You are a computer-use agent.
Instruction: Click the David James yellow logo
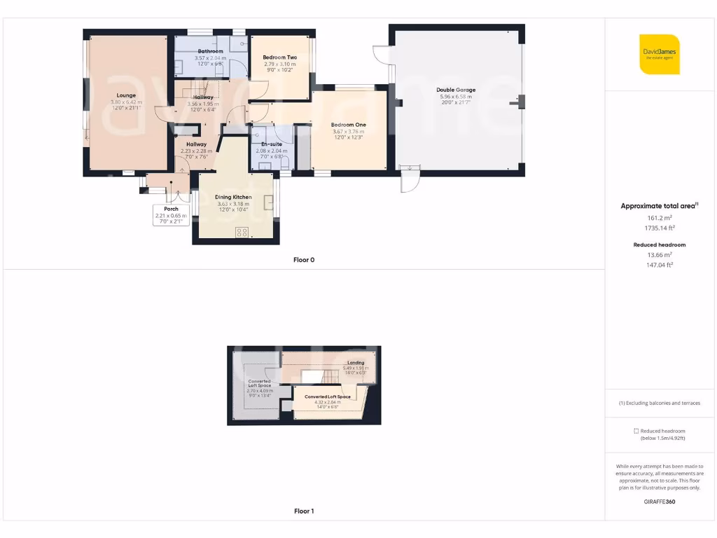coord(659,54)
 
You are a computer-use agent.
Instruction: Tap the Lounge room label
coord(126,95)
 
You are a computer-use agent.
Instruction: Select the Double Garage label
coord(456,90)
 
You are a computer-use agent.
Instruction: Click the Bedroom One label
coord(348,125)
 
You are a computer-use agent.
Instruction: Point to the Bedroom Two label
coord(279,57)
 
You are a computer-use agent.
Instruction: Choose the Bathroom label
coord(210,51)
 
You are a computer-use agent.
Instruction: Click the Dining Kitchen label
coord(233,197)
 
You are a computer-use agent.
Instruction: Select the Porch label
coord(171,209)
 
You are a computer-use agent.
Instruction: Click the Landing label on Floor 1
coord(356,362)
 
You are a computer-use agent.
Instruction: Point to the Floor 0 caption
coord(304,260)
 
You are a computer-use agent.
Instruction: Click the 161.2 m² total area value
coord(658,218)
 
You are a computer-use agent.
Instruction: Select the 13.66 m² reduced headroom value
coord(658,255)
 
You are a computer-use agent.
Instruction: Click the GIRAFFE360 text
coord(658,502)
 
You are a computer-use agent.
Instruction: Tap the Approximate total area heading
coord(658,206)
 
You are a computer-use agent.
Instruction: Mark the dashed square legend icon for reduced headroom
coord(635,431)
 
